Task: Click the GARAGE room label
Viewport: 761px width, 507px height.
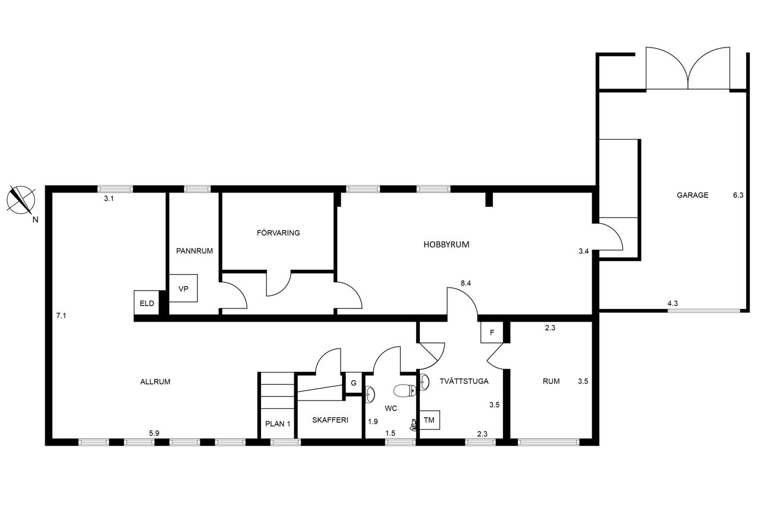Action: coord(693,196)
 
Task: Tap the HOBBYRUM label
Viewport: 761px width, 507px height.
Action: coord(446,244)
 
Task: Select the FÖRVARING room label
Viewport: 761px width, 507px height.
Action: coord(278,233)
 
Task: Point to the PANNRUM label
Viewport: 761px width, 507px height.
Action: coord(194,251)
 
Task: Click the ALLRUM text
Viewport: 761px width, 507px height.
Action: coord(155,382)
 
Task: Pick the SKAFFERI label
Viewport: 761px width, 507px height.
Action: coord(330,420)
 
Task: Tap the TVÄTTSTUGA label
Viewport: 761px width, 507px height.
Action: coord(464,381)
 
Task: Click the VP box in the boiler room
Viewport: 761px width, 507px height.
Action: coord(184,288)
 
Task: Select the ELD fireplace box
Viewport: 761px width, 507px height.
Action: coord(147,303)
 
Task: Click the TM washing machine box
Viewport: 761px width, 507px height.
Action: coord(430,420)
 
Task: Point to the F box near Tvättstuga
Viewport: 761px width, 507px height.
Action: coord(492,332)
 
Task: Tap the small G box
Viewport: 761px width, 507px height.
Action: coord(354,383)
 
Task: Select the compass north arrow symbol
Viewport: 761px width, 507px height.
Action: coord(21,200)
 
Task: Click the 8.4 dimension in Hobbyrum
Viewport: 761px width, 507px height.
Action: coord(466,283)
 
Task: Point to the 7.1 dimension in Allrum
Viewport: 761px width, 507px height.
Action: coord(61,316)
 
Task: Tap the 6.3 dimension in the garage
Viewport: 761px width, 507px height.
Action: coord(738,196)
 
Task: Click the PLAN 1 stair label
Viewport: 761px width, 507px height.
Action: coord(278,424)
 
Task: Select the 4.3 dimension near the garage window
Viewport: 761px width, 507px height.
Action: coord(672,304)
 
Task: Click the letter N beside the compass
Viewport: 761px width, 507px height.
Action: coord(35,220)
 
